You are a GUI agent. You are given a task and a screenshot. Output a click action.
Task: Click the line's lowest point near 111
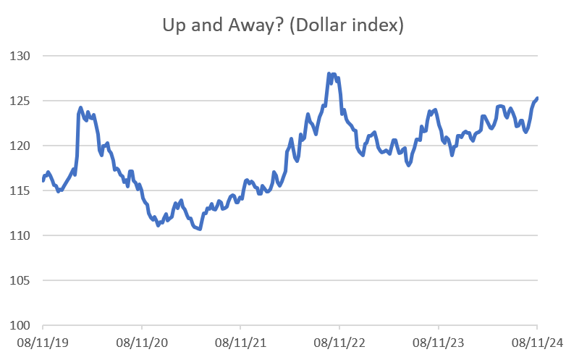tap(199, 229)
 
